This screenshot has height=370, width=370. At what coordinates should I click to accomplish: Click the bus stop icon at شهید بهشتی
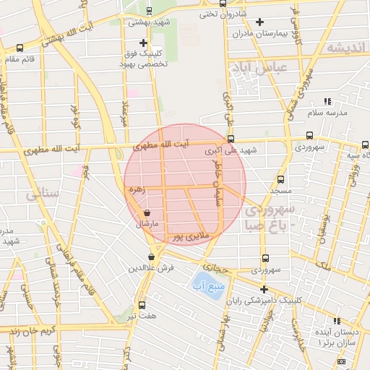(x=149, y=12)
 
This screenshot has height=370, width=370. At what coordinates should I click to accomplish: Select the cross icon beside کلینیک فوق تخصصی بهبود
(x=144, y=43)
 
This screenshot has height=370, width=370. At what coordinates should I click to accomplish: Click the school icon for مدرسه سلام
(x=327, y=102)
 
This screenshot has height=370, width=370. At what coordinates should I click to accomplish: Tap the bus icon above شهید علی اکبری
(x=231, y=139)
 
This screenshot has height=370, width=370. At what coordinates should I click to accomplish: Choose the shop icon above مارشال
(x=147, y=213)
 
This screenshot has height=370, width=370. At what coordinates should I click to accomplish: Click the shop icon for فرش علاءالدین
(x=151, y=257)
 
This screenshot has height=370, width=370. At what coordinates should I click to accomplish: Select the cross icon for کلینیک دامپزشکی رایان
(x=264, y=288)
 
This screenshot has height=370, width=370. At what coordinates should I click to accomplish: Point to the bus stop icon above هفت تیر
(x=142, y=305)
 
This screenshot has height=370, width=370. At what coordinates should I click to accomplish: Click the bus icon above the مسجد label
(x=281, y=179)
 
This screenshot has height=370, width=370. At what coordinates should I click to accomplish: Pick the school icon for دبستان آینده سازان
(x=337, y=320)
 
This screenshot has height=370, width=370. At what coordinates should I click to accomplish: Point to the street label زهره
(x=137, y=189)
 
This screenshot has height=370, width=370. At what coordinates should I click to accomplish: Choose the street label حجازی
(x=215, y=267)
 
